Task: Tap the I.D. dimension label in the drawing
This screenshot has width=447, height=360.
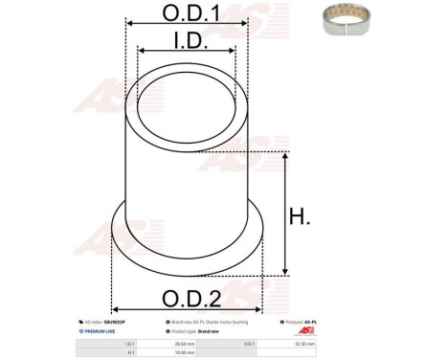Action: click(187, 40)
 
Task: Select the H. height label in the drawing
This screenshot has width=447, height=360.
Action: click(300, 217)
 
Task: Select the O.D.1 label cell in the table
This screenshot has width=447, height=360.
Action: click(275, 342)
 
